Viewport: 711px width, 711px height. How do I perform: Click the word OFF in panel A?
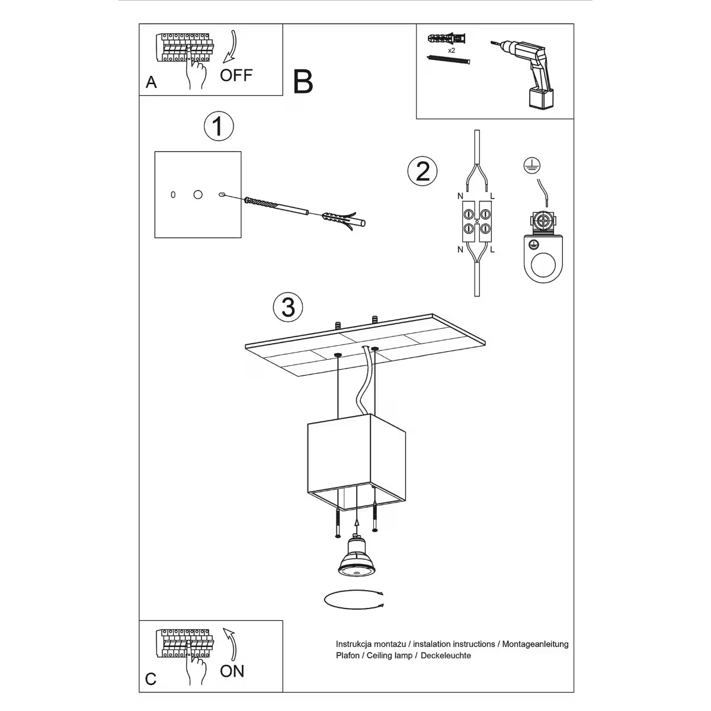(236, 75)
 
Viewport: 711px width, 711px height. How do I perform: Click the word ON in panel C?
(232, 671)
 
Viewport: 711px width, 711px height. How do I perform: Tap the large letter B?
(303, 82)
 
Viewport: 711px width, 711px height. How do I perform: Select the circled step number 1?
(218, 126)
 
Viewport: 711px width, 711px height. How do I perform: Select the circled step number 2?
(422, 171)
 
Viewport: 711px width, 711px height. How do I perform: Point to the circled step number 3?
(288, 308)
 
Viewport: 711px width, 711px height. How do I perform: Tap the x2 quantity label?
(451, 51)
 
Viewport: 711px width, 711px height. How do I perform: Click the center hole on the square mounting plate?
(197, 194)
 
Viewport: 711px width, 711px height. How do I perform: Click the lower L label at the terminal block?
(492, 249)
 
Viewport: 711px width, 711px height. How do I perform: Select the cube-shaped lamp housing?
(355, 462)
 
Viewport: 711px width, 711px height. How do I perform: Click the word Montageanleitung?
(535, 644)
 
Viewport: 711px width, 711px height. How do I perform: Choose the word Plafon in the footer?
(348, 655)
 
